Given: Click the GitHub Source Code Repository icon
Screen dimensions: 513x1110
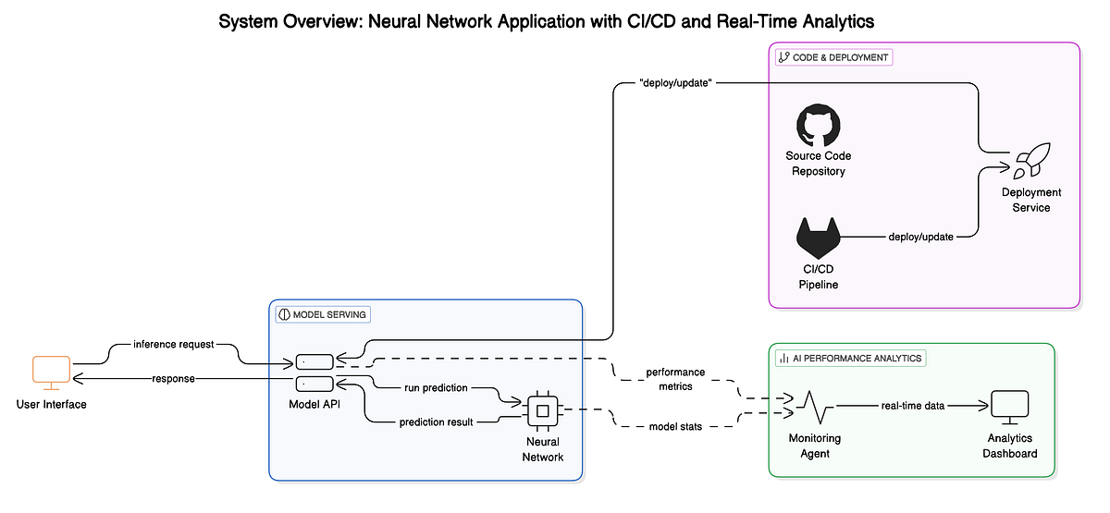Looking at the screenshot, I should (819, 127).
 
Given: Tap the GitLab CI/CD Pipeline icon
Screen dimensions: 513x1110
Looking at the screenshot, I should (819, 238).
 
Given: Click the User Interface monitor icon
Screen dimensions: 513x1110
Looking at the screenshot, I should (51, 372).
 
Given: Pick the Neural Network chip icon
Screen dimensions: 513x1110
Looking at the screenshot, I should (542, 409).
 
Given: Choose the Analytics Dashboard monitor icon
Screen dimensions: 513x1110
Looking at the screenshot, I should (1010, 406).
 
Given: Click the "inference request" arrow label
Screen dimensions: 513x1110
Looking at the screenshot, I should (173, 344).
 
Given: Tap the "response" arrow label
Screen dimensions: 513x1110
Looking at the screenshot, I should (174, 379).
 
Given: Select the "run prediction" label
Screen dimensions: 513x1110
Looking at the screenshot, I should (436, 387).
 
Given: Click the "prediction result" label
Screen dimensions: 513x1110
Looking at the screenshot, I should (437, 422).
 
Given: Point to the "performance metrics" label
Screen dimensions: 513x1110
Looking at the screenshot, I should (675, 379).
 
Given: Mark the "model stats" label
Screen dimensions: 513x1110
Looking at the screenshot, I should (675, 425).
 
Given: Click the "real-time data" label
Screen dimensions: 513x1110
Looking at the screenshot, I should (912, 406).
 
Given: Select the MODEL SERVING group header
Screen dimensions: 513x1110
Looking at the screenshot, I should (323, 314).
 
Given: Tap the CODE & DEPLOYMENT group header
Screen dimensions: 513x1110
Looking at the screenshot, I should (833, 57).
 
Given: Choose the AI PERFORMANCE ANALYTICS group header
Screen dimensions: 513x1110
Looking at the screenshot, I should (850, 358).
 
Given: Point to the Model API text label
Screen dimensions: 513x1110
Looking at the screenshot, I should (315, 404).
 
